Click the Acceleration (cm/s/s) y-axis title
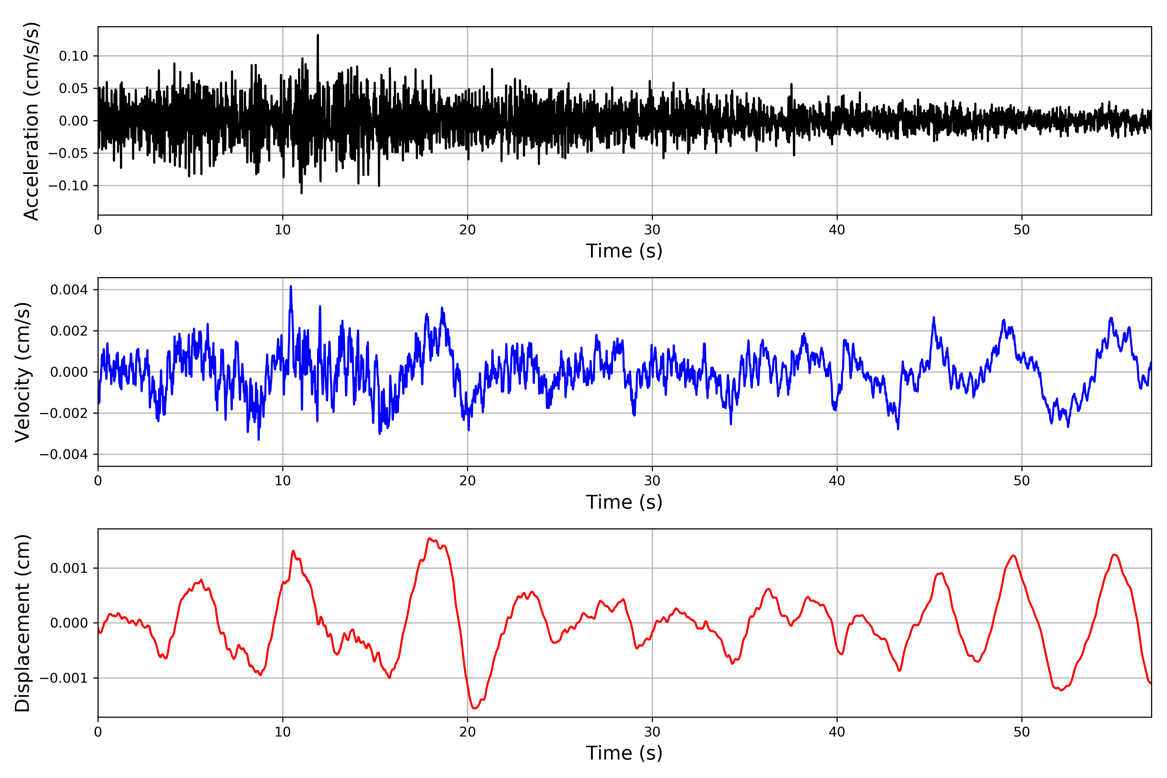[x=31, y=121]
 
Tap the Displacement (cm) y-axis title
[x=23, y=623]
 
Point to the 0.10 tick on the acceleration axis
[x=74, y=56]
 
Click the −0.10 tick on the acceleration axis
[x=68, y=185]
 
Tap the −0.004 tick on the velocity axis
[x=64, y=454]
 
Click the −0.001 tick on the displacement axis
[x=64, y=678]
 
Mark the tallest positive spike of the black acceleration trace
[x=318, y=36]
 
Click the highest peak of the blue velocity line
[x=291, y=287]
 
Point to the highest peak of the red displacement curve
[x=430, y=538]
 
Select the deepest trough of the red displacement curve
[x=474, y=708]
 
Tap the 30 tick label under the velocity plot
[x=652, y=481]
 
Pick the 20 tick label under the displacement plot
[x=467, y=732]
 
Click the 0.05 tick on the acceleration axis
[x=74, y=88]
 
